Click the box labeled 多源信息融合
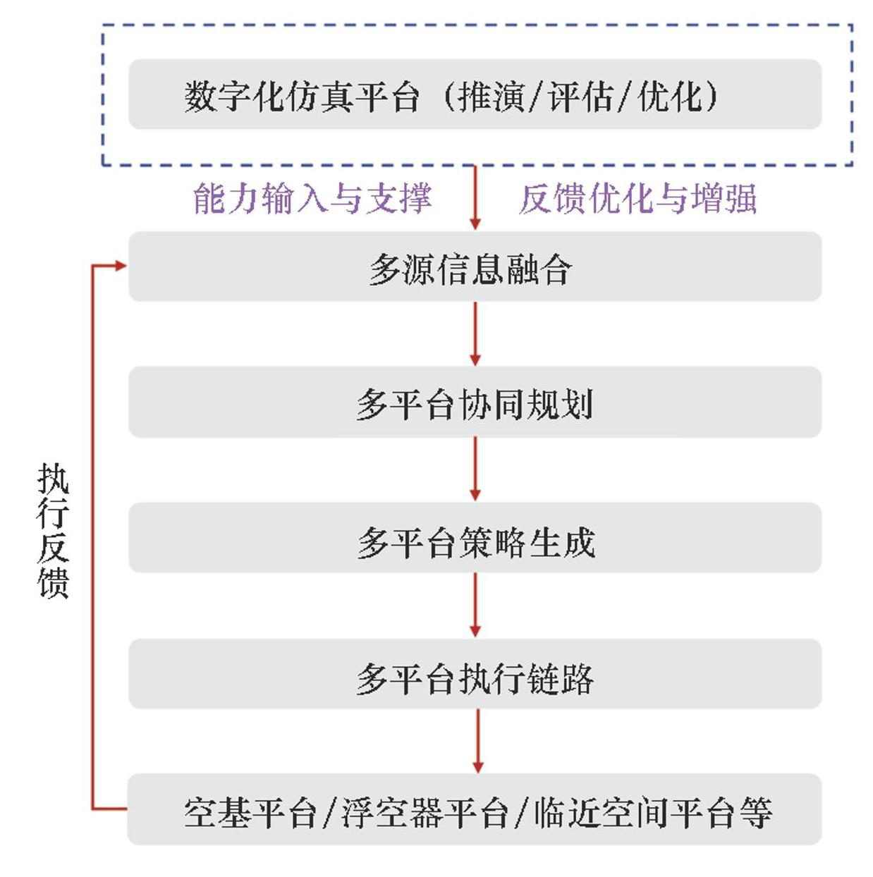coord(474,267)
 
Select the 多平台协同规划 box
coord(474,403)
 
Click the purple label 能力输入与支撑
coord(312,198)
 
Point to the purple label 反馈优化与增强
coord(638,198)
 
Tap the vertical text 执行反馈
coord(53,530)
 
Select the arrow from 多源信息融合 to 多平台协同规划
coord(475,333)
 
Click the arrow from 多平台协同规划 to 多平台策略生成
coord(475,469)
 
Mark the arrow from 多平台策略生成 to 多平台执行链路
coord(475,605)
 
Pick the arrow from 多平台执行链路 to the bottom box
coord(477,741)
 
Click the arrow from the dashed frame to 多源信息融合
coord(475,197)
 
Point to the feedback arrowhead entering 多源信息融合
coord(120,266)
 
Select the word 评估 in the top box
coord(580,96)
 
